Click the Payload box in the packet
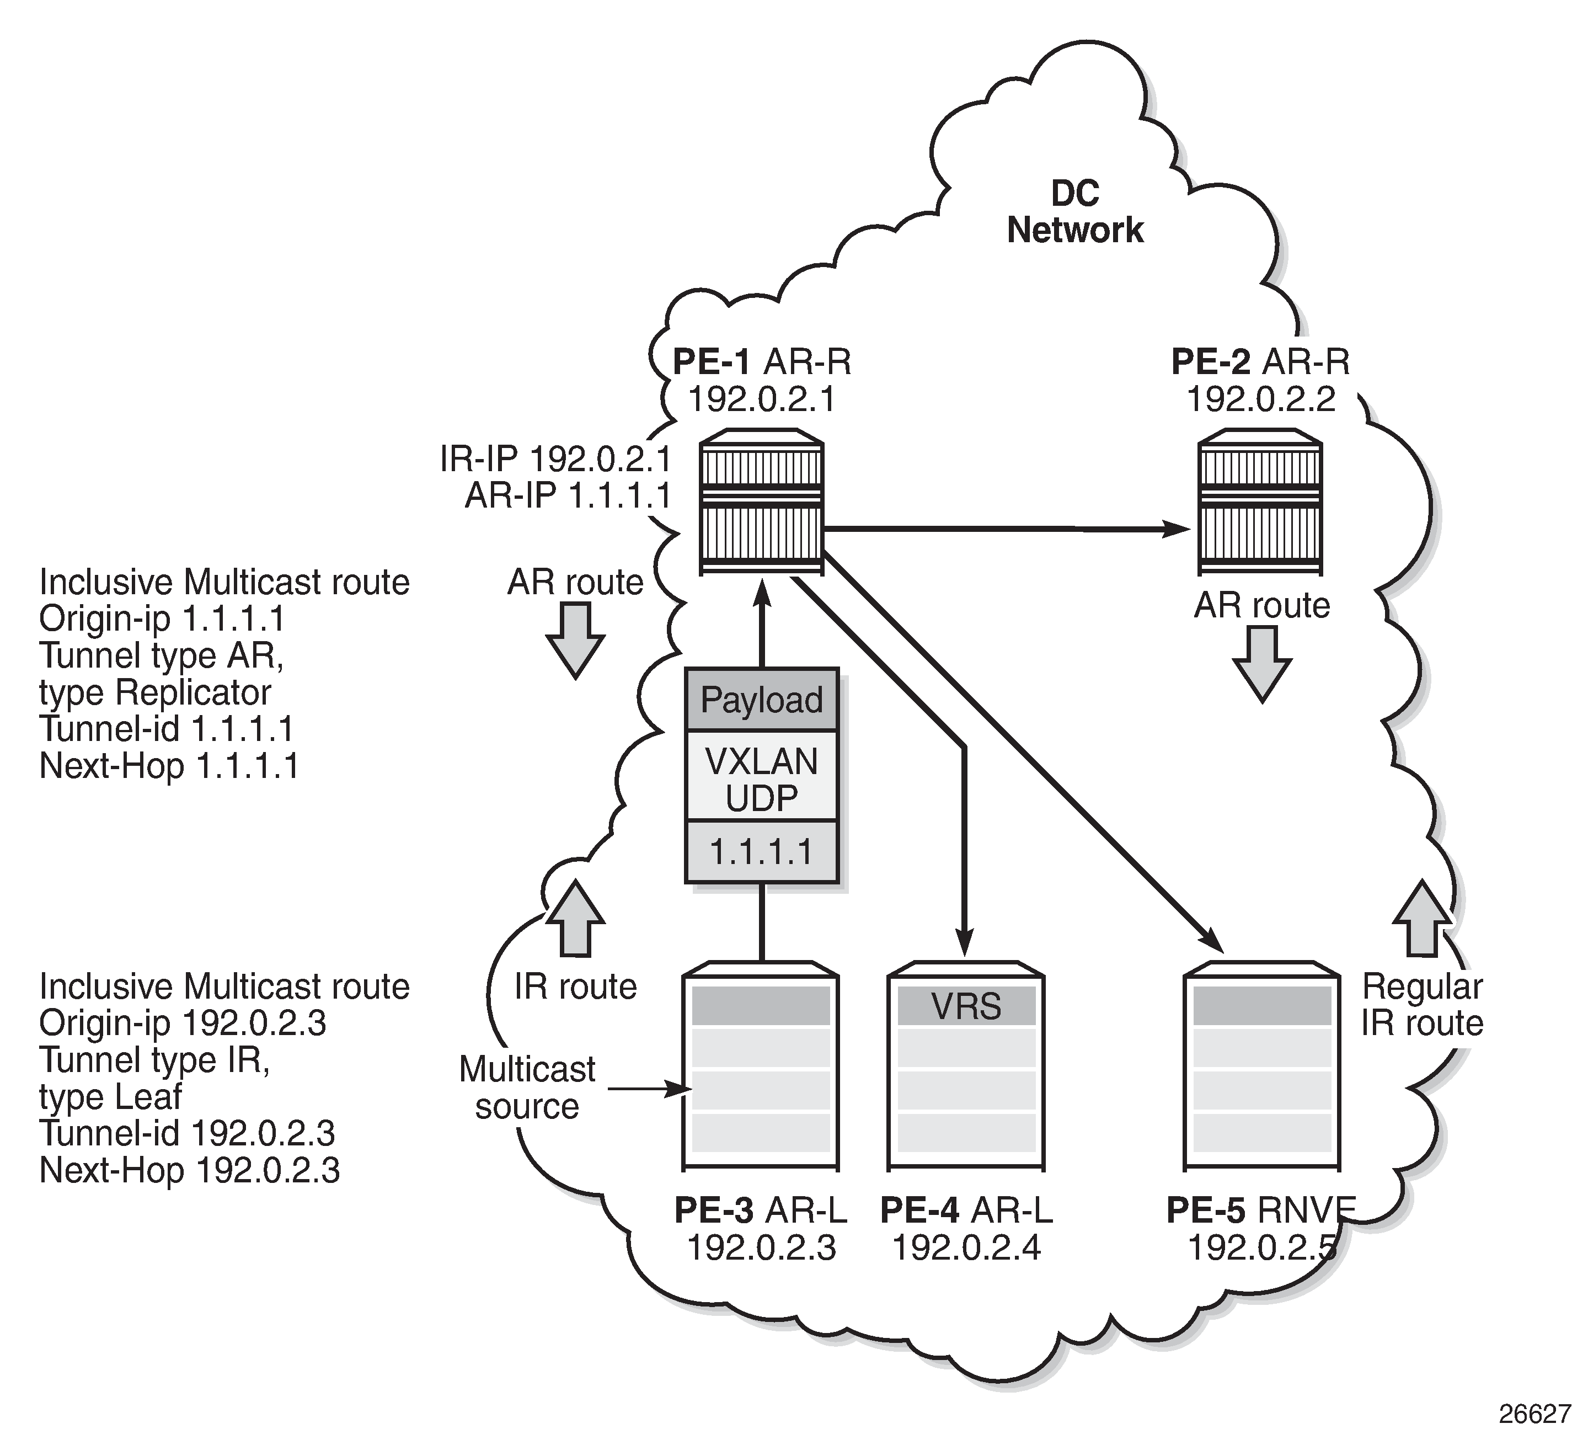[761, 700]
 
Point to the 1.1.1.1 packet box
[761, 852]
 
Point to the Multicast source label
[527, 1087]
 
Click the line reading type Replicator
[154, 692]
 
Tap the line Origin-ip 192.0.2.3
[183, 1022]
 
